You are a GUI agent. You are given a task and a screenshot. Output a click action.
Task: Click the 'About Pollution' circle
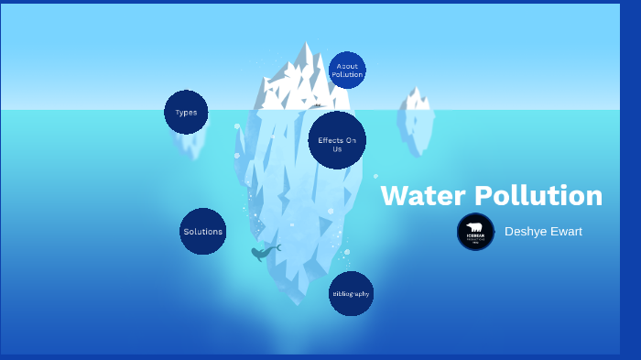tap(347, 70)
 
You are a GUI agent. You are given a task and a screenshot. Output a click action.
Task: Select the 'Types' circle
tap(186, 113)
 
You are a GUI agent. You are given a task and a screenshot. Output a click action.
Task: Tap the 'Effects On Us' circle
tap(337, 140)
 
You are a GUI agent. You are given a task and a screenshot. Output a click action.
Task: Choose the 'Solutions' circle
tap(202, 232)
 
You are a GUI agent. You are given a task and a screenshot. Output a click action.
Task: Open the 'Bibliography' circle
tap(351, 294)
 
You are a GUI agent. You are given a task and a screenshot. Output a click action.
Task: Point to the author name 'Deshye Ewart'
tap(543, 232)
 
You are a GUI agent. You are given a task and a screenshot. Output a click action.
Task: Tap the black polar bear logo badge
tap(475, 232)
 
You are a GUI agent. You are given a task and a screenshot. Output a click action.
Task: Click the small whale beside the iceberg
tap(264, 252)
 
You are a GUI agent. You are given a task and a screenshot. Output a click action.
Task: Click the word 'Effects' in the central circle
tap(331, 140)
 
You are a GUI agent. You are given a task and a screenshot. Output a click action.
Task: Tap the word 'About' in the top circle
tap(347, 66)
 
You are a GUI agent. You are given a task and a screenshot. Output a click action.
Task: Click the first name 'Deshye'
tap(523, 232)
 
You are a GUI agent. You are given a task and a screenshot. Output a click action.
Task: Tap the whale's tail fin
tap(277, 246)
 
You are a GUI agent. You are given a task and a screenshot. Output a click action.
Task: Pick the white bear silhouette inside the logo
tap(475, 227)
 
